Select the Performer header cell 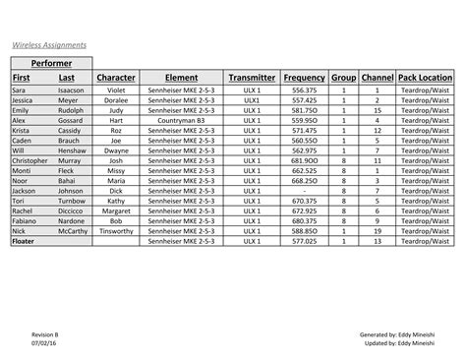tap(51, 64)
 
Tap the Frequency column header tap(304, 78)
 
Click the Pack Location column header tap(426, 78)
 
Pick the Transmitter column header tap(252, 78)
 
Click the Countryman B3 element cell tap(181, 120)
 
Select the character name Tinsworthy tap(116, 231)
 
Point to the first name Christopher tap(29, 160)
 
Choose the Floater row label tap(23, 241)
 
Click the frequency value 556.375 tap(304, 90)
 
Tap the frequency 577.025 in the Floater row tap(304, 241)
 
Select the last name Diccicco tap(71, 210)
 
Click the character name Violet tap(116, 90)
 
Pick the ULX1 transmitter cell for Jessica tap(252, 99)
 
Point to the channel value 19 tap(377, 231)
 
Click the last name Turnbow tap(72, 201)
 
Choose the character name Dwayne tap(116, 150)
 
